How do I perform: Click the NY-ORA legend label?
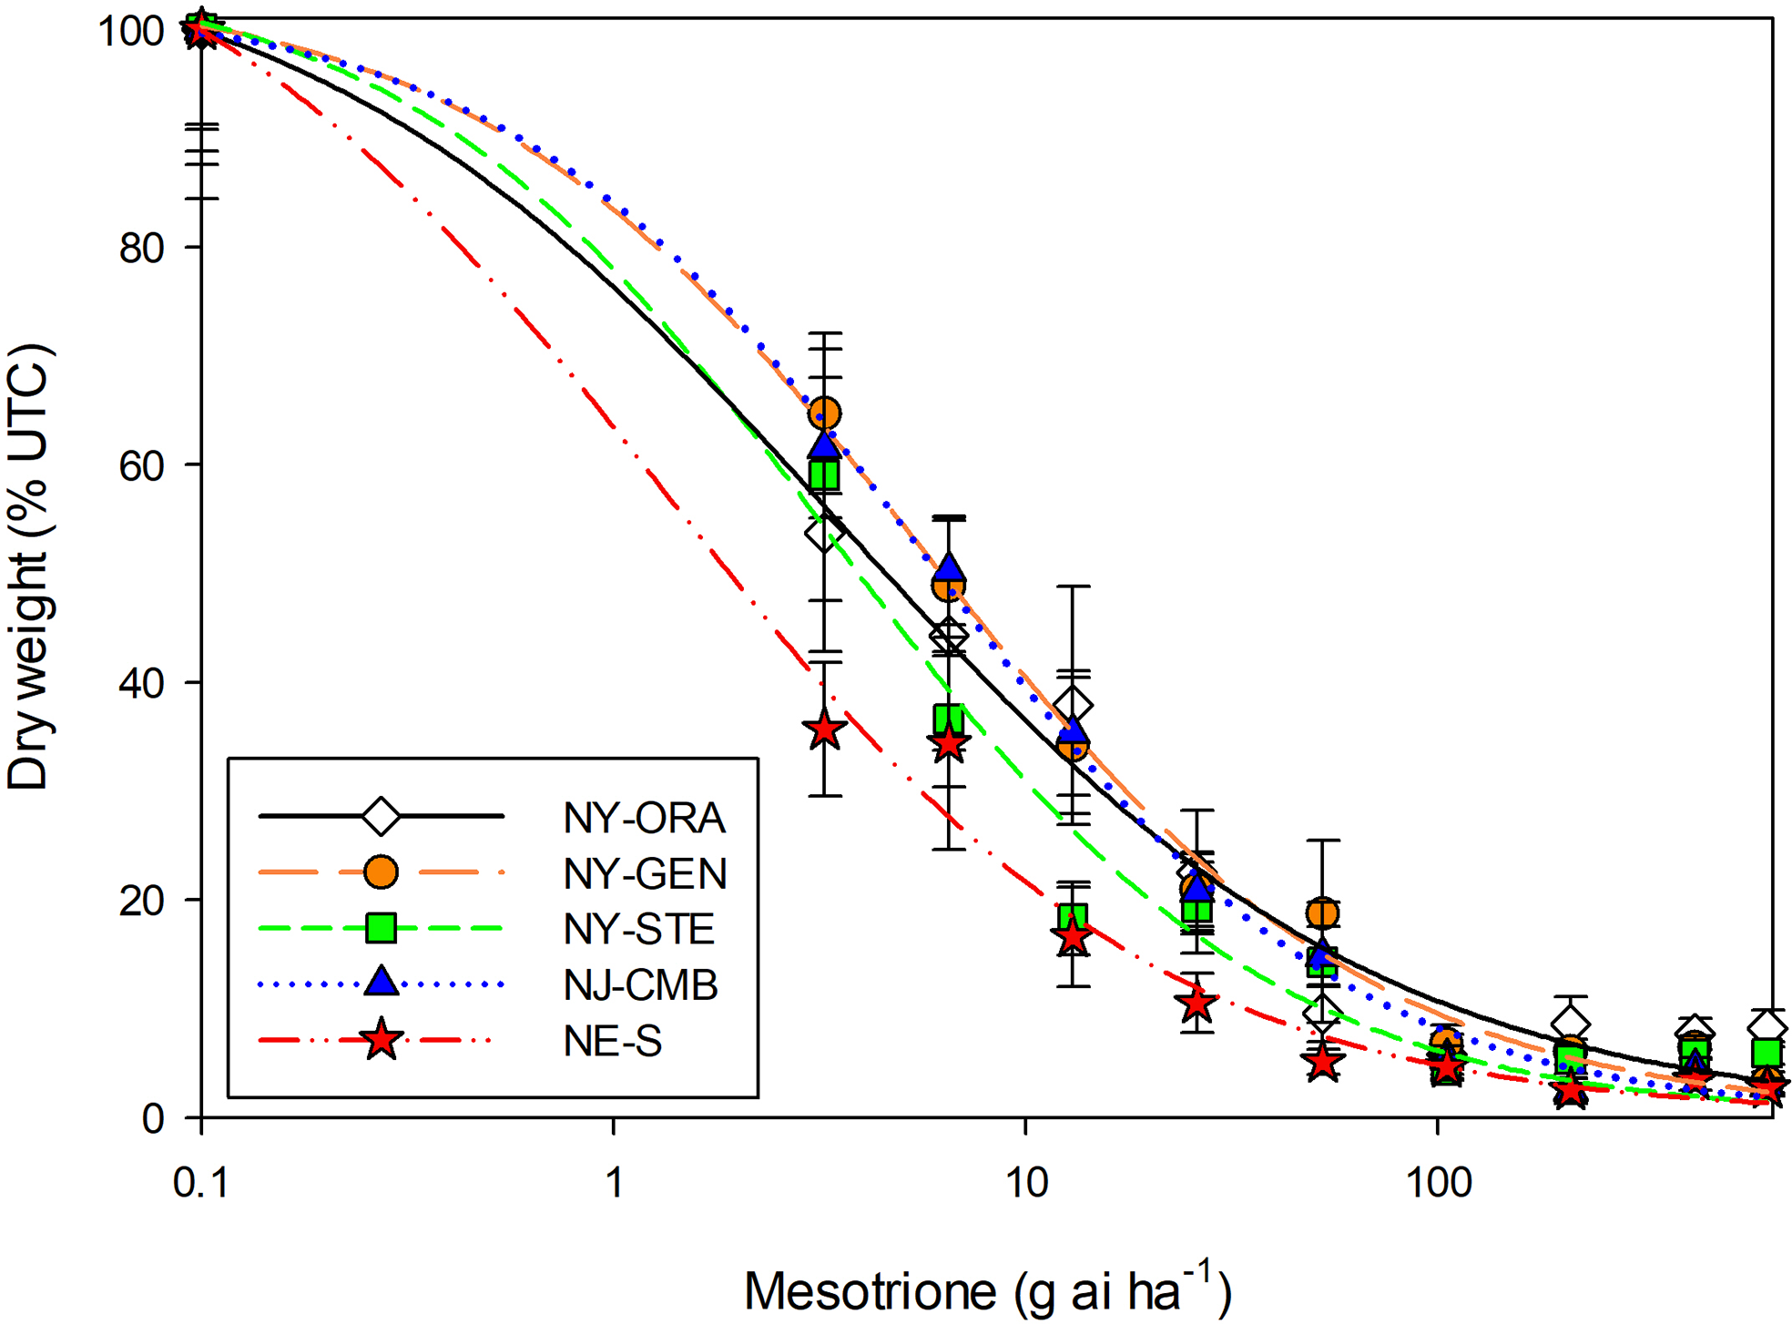pyautogui.click(x=644, y=818)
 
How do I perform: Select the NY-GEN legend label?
pyautogui.click(x=645, y=873)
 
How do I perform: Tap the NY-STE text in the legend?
pyautogui.click(x=638, y=929)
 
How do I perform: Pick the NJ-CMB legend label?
pyautogui.click(x=640, y=984)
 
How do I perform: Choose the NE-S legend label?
pyautogui.click(x=612, y=1041)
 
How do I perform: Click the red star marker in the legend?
pyautogui.click(x=381, y=1040)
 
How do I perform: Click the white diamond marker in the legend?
pyautogui.click(x=381, y=816)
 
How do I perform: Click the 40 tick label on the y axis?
pyautogui.click(x=140, y=683)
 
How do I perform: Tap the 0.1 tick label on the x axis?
pyautogui.click(x=201, y=1183)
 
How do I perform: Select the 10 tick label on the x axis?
pyautogui.click(x=1026, y=1183)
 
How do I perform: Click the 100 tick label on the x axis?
pyautogui.click(x=1438, y=1183)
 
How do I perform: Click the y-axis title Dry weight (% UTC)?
pyautogui.click(x=29, y=566)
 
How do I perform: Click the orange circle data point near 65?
pyautogui.click(x=824, y=413)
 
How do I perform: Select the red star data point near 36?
pyautogui.click(x=825, y=729)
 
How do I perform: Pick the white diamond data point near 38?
pyautogui.click(x=1074, y=704)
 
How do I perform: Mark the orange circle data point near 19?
pyautogui.click(x=1322, y=912)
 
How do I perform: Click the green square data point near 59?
pyautogui.click(x=824, y=474)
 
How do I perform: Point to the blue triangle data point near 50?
pyautogui.click(x=949, y=568)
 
